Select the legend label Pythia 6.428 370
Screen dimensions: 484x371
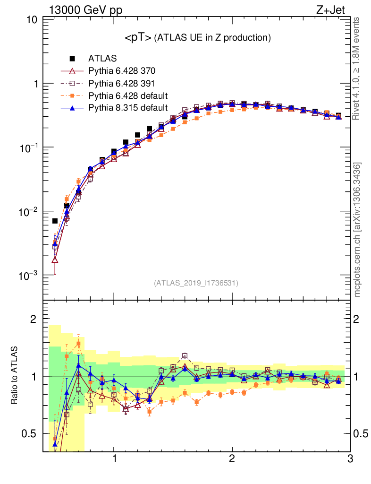click(122, 71)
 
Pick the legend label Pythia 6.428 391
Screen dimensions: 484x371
click(122, 84)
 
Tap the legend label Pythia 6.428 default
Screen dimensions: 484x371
click(128, 96)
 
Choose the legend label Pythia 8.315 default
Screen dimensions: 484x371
click(128, 108)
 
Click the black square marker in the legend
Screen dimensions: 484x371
click(73, 59)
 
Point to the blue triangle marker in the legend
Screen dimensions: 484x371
click(73, 108)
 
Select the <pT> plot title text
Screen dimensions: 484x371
click(197, 38)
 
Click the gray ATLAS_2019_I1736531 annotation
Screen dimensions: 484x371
click(196, 283)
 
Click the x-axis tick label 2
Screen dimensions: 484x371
click(232, 458)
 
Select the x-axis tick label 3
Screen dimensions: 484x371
click(349, 458)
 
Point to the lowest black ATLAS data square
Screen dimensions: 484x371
click(55, 221)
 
